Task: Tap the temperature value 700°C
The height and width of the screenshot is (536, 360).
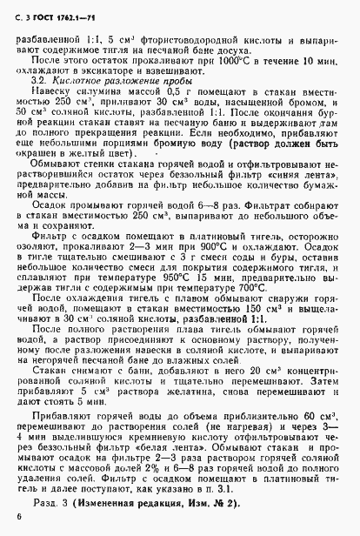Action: coord(268,311)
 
